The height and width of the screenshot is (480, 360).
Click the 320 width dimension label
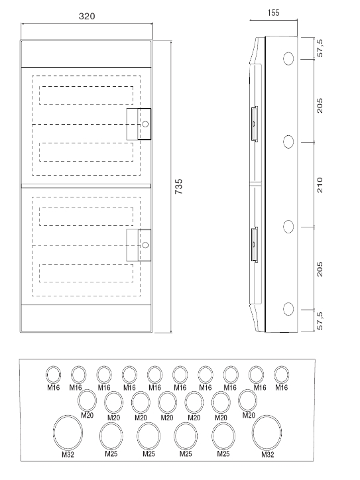(87, 16)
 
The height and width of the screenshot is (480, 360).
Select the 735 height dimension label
(178, 186)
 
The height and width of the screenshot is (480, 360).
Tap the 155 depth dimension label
(273, 13)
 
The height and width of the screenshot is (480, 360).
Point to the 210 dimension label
(320, 185)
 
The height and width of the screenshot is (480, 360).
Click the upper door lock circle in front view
(145, 124)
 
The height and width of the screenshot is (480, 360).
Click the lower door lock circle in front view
(145, 245)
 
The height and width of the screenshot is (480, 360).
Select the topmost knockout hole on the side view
(288, 58)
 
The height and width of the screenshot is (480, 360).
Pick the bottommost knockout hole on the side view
(288, 309)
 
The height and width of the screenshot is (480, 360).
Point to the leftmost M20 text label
(88, 416)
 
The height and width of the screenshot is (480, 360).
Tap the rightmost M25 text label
(223, 453)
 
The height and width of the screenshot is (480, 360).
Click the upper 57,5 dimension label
(320, 48)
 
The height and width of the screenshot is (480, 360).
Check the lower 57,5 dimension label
(320, 321)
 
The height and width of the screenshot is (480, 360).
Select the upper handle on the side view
(255, 124)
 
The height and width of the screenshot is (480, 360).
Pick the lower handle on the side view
(255, 245)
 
